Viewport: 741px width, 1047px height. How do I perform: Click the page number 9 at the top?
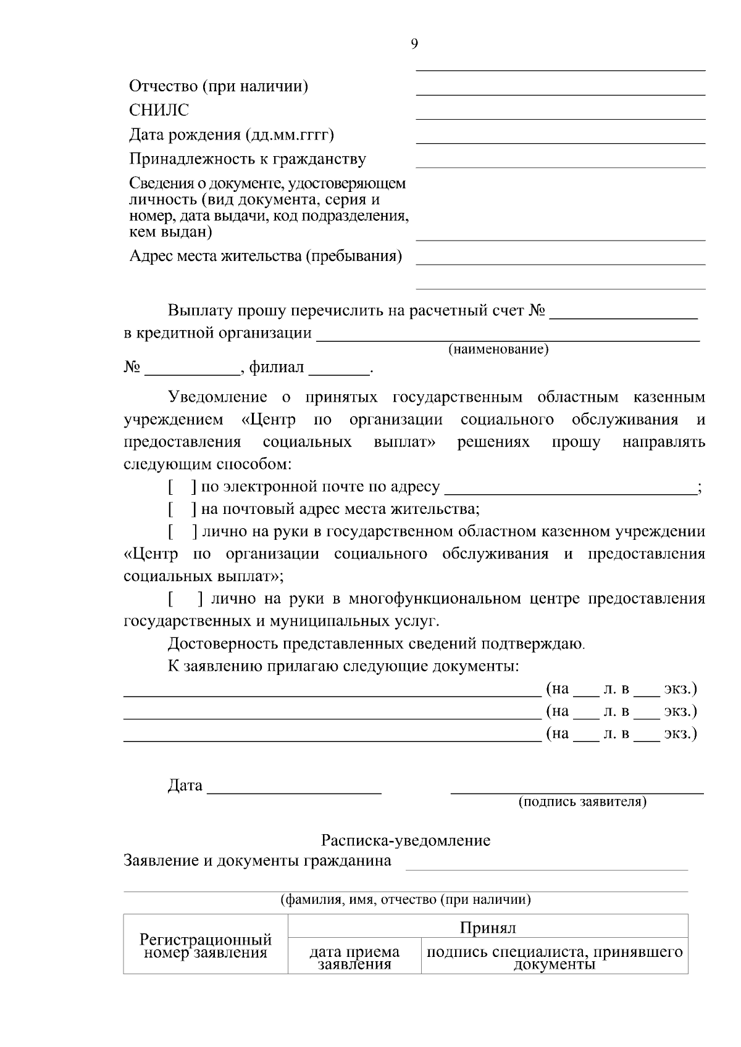(x=414, y=43)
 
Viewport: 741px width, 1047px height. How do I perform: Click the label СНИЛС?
(x=159, y=110)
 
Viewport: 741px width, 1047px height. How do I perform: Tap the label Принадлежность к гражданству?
(x=248, y=159)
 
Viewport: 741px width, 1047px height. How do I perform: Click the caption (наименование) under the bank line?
(x=498, y=350)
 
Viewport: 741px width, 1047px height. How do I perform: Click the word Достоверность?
(x=223, y=644)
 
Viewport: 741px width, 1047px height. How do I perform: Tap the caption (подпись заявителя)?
(x=582, y=802)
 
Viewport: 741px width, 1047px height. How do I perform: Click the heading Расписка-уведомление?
(x=406, y=840)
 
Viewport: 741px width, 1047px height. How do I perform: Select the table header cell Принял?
(x=487, y=928)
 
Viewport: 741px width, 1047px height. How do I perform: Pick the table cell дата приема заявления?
(x=354, y=958)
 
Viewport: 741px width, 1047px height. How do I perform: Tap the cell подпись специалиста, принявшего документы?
(x=555, y=958)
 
